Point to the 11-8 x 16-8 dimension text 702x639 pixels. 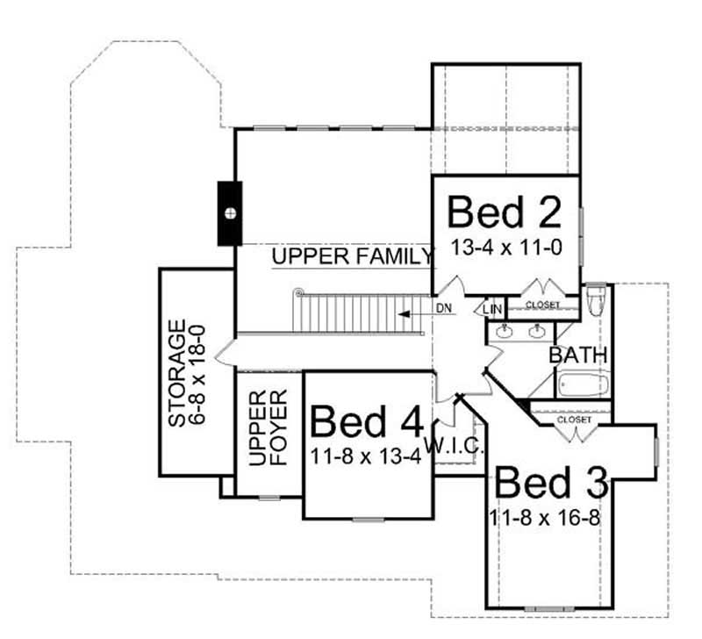548,518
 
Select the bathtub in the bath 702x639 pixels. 582,385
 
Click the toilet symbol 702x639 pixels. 596,301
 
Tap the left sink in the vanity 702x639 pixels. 506,333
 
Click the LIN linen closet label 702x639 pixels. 493,309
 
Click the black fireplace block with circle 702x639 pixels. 229,213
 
